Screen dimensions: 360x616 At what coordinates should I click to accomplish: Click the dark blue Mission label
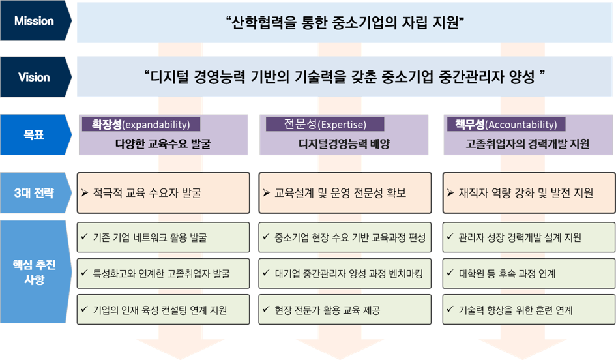coord(34,21)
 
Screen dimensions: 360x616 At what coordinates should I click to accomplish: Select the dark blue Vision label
coord(34,77)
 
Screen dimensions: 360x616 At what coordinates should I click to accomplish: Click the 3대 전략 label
coord(34,193)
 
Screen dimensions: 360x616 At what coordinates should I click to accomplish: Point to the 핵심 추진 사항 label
coord(34,273)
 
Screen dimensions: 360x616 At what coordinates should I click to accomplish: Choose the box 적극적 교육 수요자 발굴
coord(163,193)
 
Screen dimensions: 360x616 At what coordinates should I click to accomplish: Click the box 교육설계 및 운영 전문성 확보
coord(345,193)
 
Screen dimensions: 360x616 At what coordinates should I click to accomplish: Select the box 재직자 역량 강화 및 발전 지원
coord(527,193)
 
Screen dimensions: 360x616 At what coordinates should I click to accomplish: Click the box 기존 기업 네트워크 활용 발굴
coord(163,237)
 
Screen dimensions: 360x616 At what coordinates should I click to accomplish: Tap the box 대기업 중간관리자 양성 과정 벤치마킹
coord(345,274)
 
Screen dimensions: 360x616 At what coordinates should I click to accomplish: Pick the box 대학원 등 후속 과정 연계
coord(527,274)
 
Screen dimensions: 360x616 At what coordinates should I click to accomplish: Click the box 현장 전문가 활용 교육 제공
coord(345,310)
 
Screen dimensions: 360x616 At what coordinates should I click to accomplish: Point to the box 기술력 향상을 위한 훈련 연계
coord(527,310)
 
